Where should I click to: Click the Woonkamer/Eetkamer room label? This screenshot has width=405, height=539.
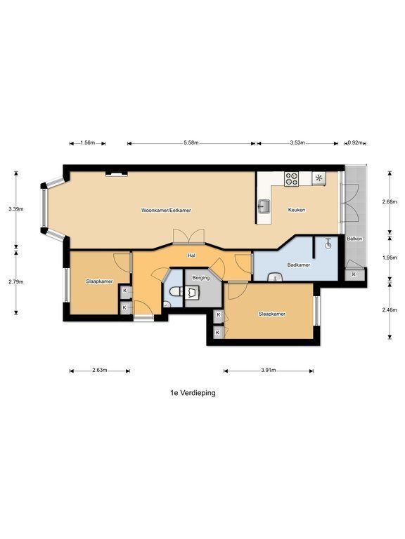(x=166, y=210)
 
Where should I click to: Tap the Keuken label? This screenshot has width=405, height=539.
(x=297, y=210)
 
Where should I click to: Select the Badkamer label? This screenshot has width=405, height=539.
(x=299, y=265)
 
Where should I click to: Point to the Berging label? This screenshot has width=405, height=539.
(x=201, y=278)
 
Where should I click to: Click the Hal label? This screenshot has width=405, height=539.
(x=191, y=255)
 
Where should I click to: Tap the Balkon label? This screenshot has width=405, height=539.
(x=354, y=238)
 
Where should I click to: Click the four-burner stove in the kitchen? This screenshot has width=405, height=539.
(x=291, y=179)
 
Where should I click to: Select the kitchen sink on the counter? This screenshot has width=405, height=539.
(x=264, y=206)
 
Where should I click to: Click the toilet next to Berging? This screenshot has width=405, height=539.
(x=175, y=291)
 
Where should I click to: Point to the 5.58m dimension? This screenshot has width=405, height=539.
(x=192, y=143)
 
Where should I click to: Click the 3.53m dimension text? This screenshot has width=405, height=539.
(x=297, y=143)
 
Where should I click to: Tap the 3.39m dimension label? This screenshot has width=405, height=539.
(x=16, y=208)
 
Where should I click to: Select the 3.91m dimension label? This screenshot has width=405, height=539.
(x=269, y=371)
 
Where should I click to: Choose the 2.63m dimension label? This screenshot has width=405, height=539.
(x=100, y=371)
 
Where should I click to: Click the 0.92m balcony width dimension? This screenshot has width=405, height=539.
(x=355, y=143)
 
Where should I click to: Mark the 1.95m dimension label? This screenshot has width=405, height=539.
(x=390, y=257)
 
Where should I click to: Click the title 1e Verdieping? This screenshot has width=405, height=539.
(x=193, y=392)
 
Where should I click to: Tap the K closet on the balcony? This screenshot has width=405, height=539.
(x=354, y=274)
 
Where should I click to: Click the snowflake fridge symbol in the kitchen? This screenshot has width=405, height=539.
(x=319, y=178)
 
